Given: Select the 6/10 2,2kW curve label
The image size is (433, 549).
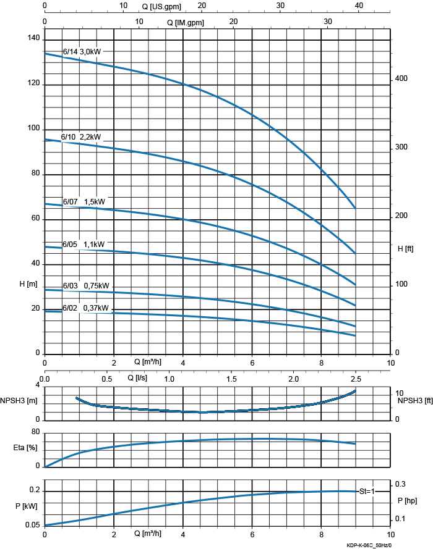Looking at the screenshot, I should (85, 136).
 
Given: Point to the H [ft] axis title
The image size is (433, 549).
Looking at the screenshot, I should (405, 248).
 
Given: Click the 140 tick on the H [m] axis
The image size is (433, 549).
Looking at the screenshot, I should (33, 38).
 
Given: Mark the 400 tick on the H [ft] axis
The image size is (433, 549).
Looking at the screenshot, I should (401, 78).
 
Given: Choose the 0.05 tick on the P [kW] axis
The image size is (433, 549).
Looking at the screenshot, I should (33, 525).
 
